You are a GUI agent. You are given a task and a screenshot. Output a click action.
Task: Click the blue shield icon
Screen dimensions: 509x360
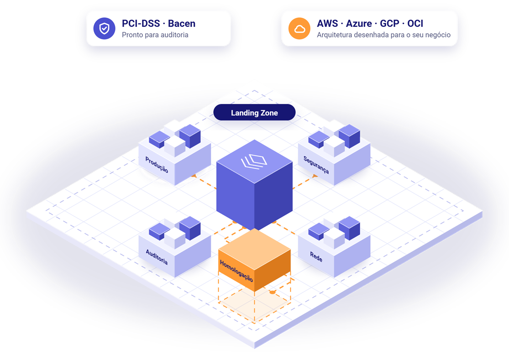[104, 29]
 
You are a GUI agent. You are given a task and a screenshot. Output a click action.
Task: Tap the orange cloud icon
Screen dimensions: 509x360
[299, 29]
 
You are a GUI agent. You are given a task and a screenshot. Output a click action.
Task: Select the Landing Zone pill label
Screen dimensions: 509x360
[254, 113]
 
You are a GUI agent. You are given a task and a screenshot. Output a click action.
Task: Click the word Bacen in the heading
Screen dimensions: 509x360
[182, 23]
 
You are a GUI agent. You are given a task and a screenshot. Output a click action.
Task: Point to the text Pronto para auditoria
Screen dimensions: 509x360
[155, 35]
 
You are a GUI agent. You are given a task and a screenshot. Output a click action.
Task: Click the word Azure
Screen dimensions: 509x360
[359, 23]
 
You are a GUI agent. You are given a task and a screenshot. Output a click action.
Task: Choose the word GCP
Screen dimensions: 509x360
[389, 23]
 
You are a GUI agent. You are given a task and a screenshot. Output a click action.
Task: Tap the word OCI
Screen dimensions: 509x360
[415, 23]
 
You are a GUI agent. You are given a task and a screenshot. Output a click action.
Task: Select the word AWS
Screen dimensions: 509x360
[327, 23]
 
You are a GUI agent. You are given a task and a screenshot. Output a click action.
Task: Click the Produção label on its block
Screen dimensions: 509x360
[157, 165]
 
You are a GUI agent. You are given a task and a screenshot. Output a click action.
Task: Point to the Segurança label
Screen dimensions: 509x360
[316, 165]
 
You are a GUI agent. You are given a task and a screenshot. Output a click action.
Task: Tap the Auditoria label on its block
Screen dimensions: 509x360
[157, 257]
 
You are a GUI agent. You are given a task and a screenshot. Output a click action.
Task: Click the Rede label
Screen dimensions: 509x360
[316, 257]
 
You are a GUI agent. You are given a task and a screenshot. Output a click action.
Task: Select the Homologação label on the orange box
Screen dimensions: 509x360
[236, 271]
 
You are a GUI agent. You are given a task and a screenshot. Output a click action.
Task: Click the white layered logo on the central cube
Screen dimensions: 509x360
[254, 162]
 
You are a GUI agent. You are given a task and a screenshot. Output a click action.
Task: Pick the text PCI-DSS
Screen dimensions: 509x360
[141, 23]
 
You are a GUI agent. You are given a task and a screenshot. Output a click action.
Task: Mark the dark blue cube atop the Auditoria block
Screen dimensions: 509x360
[190, 228]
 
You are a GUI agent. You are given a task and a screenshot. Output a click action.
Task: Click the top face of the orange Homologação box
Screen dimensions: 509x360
[255, 249]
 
